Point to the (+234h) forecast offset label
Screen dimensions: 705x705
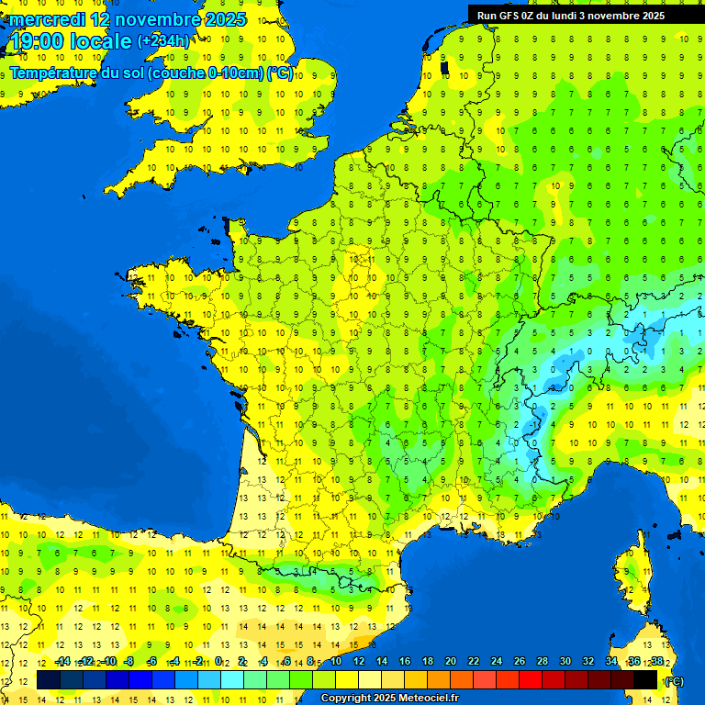[x=163, y=41]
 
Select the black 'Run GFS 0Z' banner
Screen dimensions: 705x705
[x=584, y=15]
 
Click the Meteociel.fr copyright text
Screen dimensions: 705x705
[x=389, y=699]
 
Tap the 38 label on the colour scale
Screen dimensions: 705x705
[x=657, y=661]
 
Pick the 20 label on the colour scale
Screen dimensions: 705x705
[x=451, y=661]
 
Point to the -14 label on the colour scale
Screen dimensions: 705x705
[x=62, y=661]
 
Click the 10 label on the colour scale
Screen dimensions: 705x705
[x=336, y=661]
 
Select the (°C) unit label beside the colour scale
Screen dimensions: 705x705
[x=674, y=680]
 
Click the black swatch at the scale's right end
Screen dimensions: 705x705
[x=645, y=679]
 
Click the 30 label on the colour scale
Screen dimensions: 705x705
[x=565, y=661]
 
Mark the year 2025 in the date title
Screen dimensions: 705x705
[x=225, y=19]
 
